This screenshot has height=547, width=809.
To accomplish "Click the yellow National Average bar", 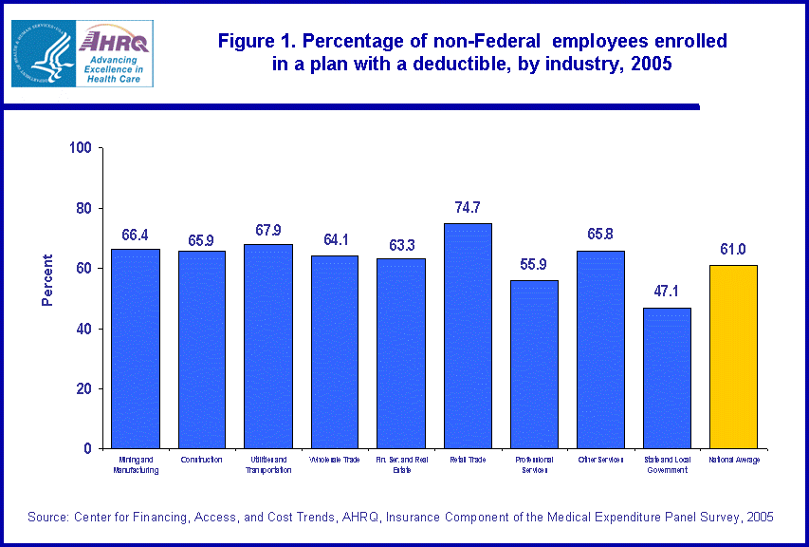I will point(733,356).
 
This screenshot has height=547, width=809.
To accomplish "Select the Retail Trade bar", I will point(468,335).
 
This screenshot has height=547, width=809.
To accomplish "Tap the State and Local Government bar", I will point(667,377).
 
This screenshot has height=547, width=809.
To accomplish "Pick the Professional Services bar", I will point(534,364).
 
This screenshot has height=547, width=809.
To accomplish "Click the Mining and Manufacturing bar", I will point(136,349).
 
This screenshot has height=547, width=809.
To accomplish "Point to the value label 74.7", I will point(468,207).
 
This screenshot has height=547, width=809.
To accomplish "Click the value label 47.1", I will point(667,291).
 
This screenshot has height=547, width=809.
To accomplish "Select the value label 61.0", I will point(733,249).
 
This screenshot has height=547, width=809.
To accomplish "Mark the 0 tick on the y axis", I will point(86,448).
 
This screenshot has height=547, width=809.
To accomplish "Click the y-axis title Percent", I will point(47,280).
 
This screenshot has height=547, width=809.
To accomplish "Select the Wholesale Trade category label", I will point(335,460).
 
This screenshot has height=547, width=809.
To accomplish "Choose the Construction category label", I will point(202,460).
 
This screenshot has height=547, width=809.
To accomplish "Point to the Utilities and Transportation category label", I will point(268,464).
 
